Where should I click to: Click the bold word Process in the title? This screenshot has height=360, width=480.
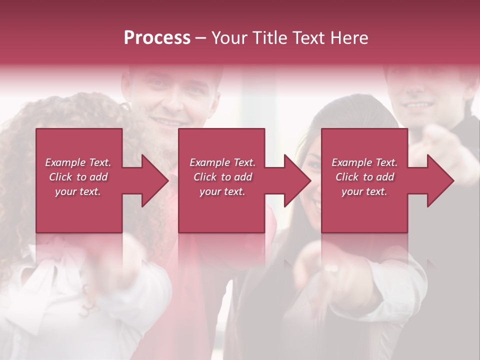157,38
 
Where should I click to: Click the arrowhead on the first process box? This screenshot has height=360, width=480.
155,180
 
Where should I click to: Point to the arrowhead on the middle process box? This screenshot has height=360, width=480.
298,180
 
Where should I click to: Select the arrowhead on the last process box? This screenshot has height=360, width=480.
440,180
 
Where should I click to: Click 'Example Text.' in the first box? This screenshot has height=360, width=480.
78,162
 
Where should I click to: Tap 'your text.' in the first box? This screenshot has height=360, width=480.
78,191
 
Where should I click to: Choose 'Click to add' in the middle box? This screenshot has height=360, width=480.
222,177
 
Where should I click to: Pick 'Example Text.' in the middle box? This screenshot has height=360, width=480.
222,162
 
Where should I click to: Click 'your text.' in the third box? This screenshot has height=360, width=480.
364,191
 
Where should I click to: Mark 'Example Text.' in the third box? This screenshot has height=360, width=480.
364,162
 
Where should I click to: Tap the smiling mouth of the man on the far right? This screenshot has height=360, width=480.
417,105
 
